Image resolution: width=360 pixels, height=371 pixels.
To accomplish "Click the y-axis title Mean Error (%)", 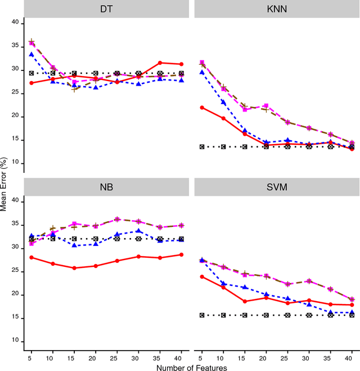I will coord(4,186).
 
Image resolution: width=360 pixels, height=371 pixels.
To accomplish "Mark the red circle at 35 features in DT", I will coord(160,62).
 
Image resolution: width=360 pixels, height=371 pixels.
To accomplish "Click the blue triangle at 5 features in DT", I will coord(31,54).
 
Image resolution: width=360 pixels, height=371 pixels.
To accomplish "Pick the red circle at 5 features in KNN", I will coord(202,108).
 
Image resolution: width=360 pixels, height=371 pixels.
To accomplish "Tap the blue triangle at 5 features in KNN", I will coord(202,72).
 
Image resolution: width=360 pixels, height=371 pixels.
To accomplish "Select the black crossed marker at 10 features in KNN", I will coord(223,147).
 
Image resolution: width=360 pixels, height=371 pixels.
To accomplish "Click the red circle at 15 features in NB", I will coord(74,268).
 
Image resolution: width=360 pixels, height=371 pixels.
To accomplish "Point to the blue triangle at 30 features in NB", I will coord(139,231).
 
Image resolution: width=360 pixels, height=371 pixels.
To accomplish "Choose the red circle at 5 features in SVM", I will coord(202,276).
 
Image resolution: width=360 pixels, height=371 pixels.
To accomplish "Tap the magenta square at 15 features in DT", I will coord(74,82).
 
